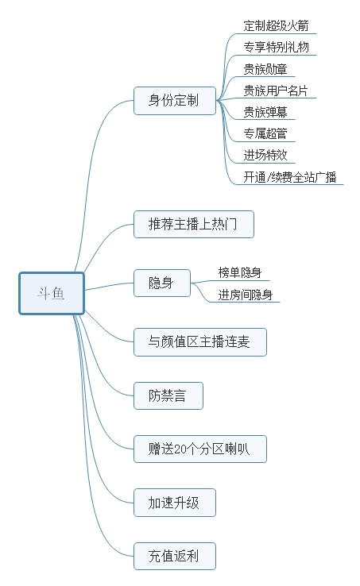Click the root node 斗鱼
tap(52, 293)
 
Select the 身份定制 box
tap(174, 101)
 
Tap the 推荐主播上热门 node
tap(193, 224)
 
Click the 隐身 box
tap(161, 283)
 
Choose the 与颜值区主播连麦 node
tap(199, 341)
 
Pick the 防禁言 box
tap(167, 395)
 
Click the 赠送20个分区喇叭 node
tap(199, 449)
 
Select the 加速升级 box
tap(174, 503)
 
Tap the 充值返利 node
tap(174, 555)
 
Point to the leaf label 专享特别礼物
tap(275, 48)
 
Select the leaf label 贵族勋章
tap(265, 69)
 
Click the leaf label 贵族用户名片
tap(275, 90)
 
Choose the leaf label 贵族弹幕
tap(265, 111)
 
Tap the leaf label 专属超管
tap(265, 133)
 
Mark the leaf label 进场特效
tap(265, 155)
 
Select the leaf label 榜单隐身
tap(240, 272)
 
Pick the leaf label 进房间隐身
tap(246, 295)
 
